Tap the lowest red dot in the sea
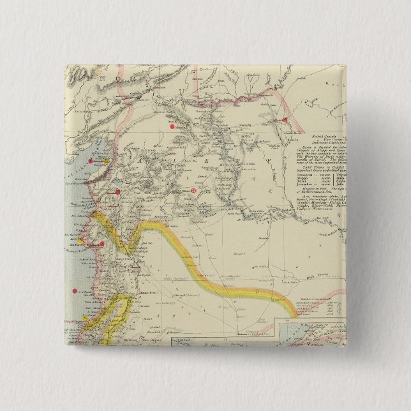(73, 290)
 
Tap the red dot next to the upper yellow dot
(92, 161)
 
